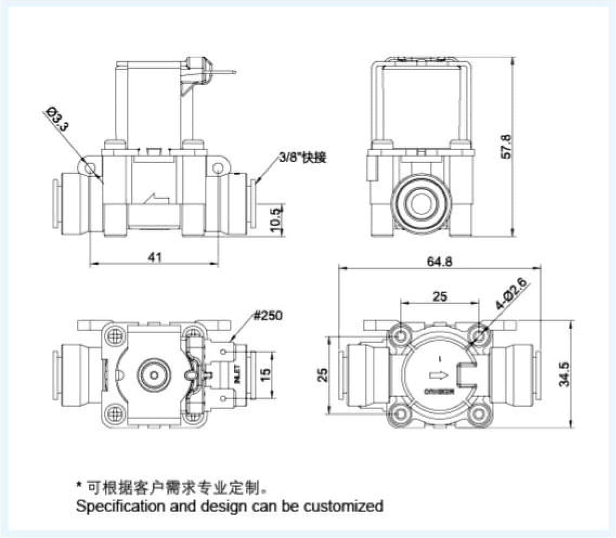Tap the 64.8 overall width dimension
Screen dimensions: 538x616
(439, 262)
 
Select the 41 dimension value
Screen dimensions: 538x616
(155, 258)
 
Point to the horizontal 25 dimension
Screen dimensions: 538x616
(439, 296)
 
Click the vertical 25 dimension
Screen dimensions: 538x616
(323, 374)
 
